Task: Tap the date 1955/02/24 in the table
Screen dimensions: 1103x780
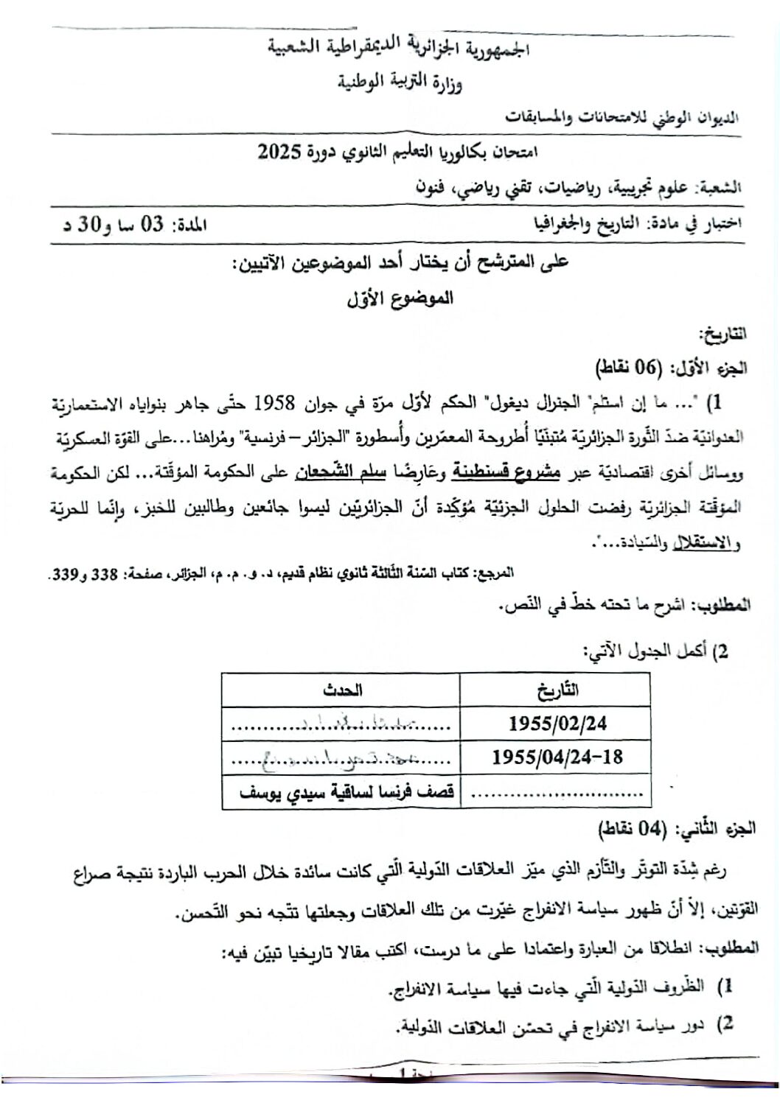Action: pyautogui.click(x=557, y=723)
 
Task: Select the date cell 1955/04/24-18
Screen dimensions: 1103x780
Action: pyautogui.click(x=557, y=757)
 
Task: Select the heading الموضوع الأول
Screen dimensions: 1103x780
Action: pyautogui.click(x=400, y=298)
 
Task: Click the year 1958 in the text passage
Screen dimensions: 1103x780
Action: pyautogui.click(x=275, y=404)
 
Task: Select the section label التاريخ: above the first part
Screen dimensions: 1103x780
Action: pyautogui.click(x=725, y=335)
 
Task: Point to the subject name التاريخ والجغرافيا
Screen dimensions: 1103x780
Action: pyautogui.click(x=579, y=224)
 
